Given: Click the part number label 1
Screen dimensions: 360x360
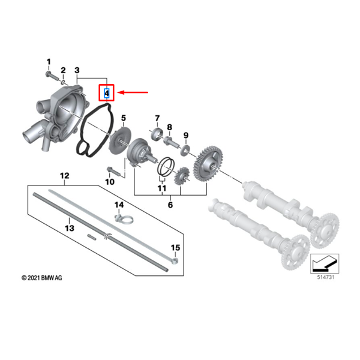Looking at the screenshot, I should click(x=49, y=61).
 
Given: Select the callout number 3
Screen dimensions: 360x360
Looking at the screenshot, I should click(x=77, y=71).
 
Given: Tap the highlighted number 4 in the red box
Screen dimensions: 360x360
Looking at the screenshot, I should click(x=106, y=93).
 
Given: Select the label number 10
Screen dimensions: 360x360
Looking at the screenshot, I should click(x=109, y=181).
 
